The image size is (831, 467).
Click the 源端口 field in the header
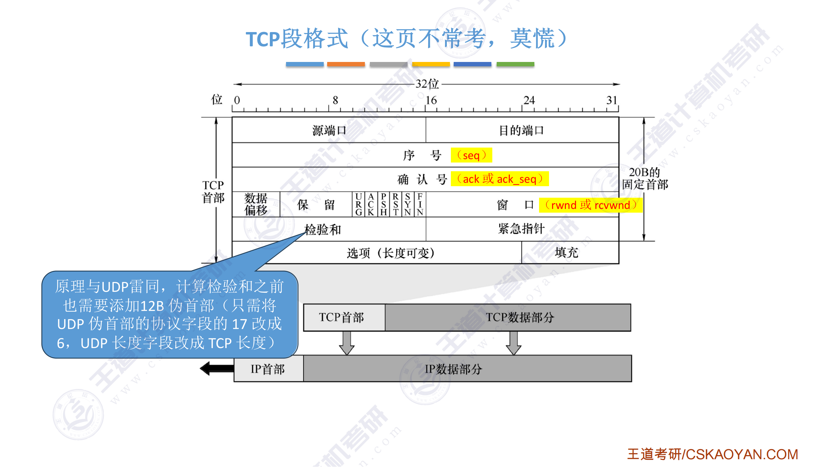click(x=329, y=130)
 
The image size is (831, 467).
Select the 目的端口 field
click(x=522, y=130)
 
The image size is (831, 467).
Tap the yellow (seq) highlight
click(x=471, y=155)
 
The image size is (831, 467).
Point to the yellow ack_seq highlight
click(x=500, y=179)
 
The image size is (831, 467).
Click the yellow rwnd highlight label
click(x=591, y=205)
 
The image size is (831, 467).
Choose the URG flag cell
click(x=358, y=204)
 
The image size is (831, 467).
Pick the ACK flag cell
click(x=371, y=204)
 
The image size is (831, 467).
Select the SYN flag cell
click(x=408, y=204)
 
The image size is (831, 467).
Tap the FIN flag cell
click(x=420, y=204)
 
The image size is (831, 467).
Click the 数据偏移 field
click(x=256, y=204)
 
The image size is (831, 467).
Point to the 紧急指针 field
click(x=522, y=229)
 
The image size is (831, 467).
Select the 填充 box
click(x=567, y=252)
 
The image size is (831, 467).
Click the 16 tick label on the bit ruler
click(x=431, y=100)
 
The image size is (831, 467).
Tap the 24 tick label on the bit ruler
click(x=529, y=100)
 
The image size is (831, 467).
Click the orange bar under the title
click(x=346, y=64)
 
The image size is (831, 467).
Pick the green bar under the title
click(x=515, y=64)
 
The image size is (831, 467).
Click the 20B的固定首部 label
click(x=645, y=178)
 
